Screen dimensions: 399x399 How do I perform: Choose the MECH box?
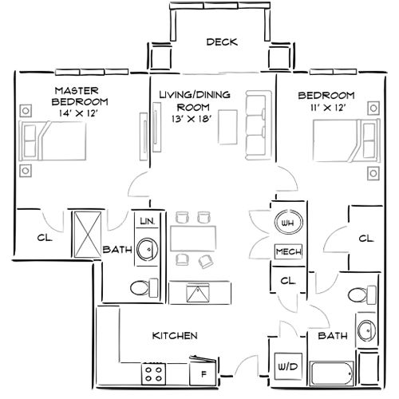(287, 251)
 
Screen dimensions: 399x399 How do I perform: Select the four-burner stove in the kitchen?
(154, 372)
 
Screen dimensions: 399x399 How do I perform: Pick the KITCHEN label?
(174, 336)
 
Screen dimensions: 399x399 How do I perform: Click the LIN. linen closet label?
(146, 220)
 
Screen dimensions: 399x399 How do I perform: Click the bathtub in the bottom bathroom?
(331, 373)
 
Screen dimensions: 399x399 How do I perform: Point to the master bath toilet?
(143, 286)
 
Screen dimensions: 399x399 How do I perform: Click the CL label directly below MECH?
(288, 281)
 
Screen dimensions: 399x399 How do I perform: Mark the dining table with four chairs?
(192, 237)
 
